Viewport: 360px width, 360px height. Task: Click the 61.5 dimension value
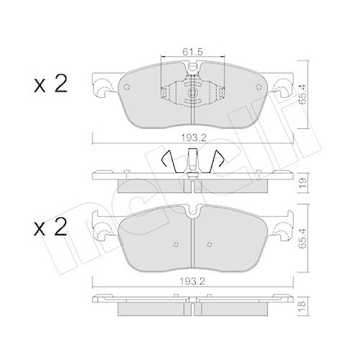[193, 52]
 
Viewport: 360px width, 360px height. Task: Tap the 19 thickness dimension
[303, 184]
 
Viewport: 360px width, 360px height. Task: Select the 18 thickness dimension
[303, 304]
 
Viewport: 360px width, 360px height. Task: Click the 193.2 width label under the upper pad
[194, 138]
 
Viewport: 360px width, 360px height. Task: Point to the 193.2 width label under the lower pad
[193, 282]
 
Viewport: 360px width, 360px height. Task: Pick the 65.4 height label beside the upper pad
[303, 94]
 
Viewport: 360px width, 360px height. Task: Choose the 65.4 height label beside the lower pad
[303, 238]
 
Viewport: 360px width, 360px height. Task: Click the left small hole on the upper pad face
[127, 87]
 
